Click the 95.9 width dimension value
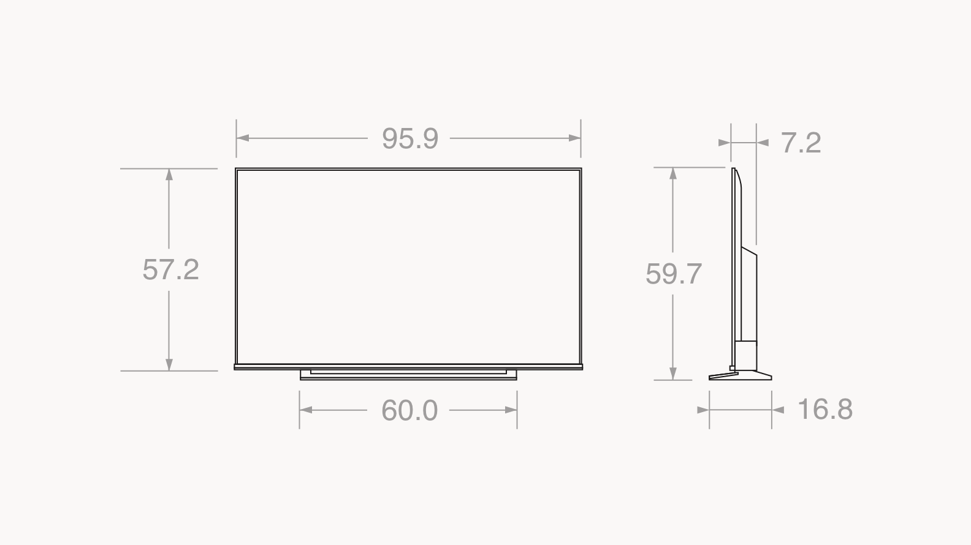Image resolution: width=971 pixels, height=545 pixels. (410, 139)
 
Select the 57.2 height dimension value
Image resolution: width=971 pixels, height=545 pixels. (171, 269)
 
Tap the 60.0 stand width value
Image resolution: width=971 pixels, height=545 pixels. (409, 410)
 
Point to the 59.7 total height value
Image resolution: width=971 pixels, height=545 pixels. (674, 274)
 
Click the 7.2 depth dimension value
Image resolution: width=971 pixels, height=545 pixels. (801, 143)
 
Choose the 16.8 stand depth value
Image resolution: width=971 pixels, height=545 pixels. (825, 409)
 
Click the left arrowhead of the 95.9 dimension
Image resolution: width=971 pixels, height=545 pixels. (243, 138)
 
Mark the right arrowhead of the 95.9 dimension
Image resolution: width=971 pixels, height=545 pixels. (574, 138)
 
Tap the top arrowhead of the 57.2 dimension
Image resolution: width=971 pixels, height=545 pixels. (169, 175)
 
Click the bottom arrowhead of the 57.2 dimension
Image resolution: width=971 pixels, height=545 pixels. (169, 364)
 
